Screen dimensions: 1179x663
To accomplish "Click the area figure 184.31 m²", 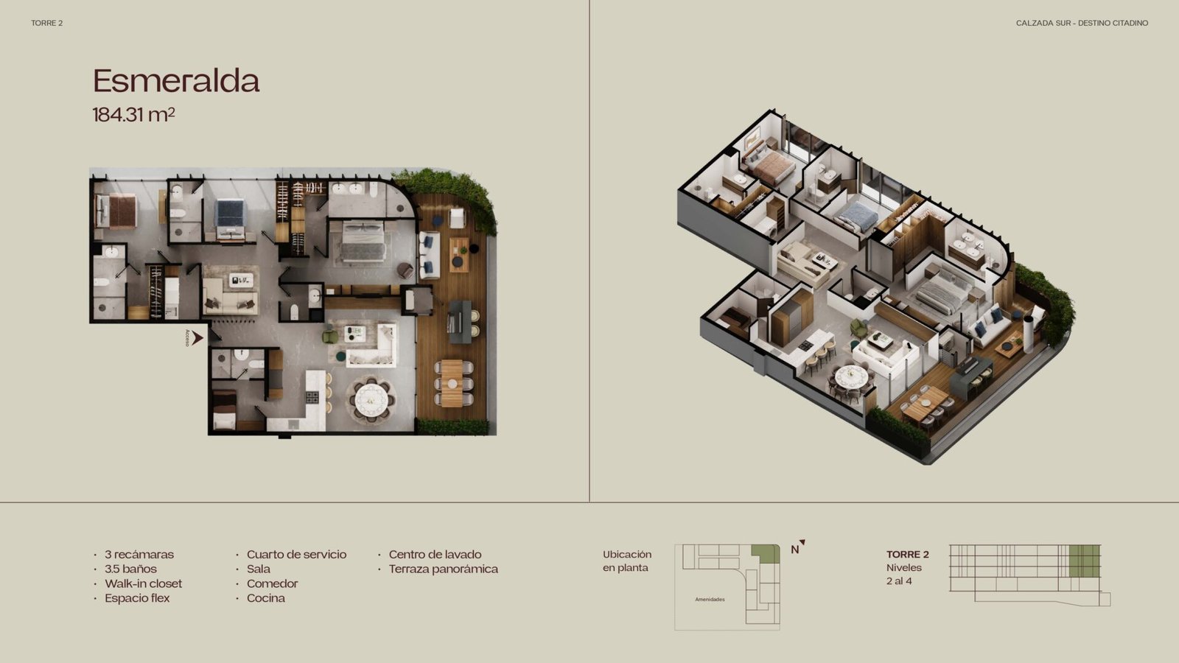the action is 133,115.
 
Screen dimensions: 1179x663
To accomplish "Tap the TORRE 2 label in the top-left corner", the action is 47,23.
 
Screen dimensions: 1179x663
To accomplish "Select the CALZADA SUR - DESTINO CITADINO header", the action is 1082,23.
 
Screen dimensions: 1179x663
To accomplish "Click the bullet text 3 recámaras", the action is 139,554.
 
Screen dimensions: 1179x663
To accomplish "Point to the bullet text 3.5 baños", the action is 130,569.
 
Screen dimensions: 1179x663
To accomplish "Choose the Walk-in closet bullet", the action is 143,583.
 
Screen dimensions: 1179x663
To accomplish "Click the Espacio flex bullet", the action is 137,598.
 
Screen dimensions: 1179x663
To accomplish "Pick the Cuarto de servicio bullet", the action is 296,554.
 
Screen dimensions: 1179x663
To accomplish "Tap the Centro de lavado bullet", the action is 435,554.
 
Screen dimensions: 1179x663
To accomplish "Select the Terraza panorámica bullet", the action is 443,569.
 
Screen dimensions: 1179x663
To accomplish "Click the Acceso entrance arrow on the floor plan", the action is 197,338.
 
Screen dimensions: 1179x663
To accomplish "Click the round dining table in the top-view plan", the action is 371,399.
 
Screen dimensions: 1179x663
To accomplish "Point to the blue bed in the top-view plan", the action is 231,219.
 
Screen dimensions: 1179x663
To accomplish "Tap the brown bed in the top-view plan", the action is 116,211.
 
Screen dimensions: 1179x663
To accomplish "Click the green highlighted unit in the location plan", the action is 766,554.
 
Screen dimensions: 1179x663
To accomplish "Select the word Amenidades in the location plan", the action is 710,600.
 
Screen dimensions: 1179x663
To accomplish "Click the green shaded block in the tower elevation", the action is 1084,561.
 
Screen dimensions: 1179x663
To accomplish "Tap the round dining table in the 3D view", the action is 851,376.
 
